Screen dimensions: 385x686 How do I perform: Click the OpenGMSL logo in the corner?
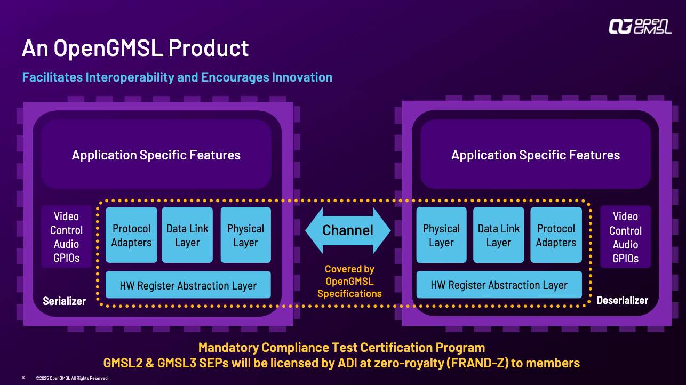[x=640, y=26]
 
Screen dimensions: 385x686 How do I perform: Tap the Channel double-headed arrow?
[x=348, y=230]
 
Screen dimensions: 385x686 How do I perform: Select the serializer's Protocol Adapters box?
[x=132, y=235]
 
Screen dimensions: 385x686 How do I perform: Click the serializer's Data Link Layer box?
[x=187, y=235]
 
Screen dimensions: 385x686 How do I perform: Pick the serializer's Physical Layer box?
[x=245, y=235]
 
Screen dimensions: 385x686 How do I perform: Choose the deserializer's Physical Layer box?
[x=441, y=235]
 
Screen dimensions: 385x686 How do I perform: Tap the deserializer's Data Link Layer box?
[x=499, y=235]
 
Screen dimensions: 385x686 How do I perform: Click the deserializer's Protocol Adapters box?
[x=556, y=235]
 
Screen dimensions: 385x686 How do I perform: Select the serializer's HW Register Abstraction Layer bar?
[x=188, y=285]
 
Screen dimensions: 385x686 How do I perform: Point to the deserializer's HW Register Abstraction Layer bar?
[x=499, y=285]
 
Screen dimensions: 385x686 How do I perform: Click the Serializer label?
[x=65, y=301]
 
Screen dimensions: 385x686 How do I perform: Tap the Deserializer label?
[x=622, y=300]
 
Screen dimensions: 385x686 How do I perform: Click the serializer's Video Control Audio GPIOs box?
[x=67, y=237]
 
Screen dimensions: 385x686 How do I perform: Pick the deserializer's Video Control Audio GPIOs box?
[x=625, y=237]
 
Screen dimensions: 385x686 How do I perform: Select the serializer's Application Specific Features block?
[x=156, y=155]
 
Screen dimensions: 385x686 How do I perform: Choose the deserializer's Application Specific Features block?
[x=536, y=155]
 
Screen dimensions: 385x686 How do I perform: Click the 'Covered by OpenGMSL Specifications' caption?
[x=349, y=282]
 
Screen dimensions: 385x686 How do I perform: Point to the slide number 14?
[x=23, y=378]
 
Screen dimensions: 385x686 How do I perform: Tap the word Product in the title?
[x=208, y=49]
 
